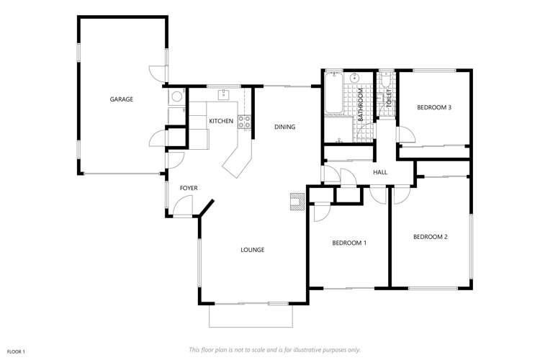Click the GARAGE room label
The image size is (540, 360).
tap(122, 99)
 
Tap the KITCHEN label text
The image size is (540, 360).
tap(221, 121)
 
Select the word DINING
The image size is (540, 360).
tap(285, 127)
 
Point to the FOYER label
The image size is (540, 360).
tap(189, 188)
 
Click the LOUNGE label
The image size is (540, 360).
tap(252, 250)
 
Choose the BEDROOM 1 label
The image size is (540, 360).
tap(349, 243)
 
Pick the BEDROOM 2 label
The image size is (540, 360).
tap(431, 237)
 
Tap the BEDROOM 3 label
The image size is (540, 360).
tap(434, 108)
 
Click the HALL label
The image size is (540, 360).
tap(381, 172)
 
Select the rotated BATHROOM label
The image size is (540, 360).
tap(362, 104)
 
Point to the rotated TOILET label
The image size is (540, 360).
tap(389, 99)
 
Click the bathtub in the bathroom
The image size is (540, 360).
tap(333, 94)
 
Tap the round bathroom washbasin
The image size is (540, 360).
tap(356, 78)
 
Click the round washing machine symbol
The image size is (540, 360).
tap(176, 96)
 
